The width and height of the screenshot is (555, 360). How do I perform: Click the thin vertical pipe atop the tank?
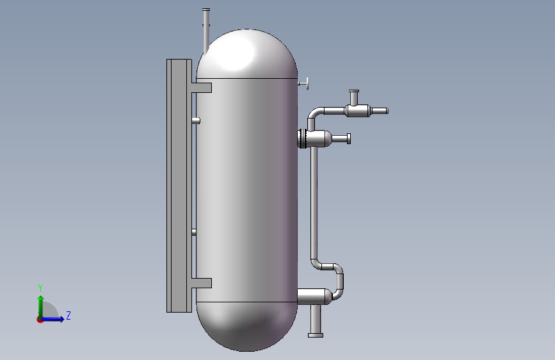pos(205,29)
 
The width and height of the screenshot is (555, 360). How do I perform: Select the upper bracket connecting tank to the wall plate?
pos(201,88)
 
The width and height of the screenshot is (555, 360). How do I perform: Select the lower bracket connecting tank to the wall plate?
pos(201,282)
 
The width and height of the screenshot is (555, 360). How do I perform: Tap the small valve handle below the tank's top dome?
pos(303,83)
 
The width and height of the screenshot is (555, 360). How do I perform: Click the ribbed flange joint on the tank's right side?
pos(302,138)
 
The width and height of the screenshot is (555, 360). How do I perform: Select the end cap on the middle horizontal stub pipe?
pos(349,138)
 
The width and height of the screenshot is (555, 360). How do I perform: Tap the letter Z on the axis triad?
pos(68,315)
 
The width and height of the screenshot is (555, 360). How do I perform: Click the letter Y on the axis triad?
pos(40,288)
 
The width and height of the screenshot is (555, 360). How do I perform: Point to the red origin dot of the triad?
pos(40,320)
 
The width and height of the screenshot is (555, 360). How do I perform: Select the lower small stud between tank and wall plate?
pos(195,232)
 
